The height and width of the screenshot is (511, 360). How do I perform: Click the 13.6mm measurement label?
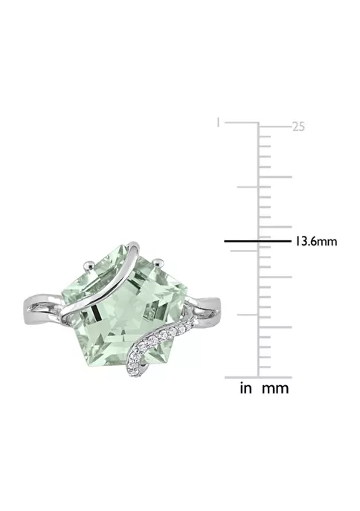[x=315, y=242]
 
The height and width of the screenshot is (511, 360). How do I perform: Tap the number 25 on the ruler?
[x=298, y=126]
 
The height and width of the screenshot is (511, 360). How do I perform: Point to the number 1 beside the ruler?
[x=218, y=123]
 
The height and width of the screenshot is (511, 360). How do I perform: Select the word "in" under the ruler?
[x=246, y=388]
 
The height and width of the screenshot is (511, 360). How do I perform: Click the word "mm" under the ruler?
[x=275, y=388]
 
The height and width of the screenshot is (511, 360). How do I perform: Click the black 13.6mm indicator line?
[x=257, y=241]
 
